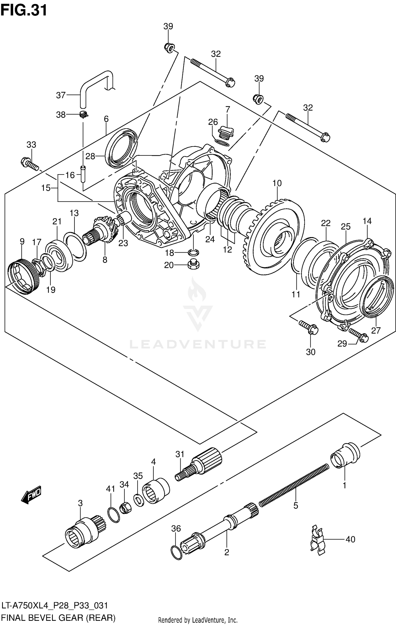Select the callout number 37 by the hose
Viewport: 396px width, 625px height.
click(x=61, y=95)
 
